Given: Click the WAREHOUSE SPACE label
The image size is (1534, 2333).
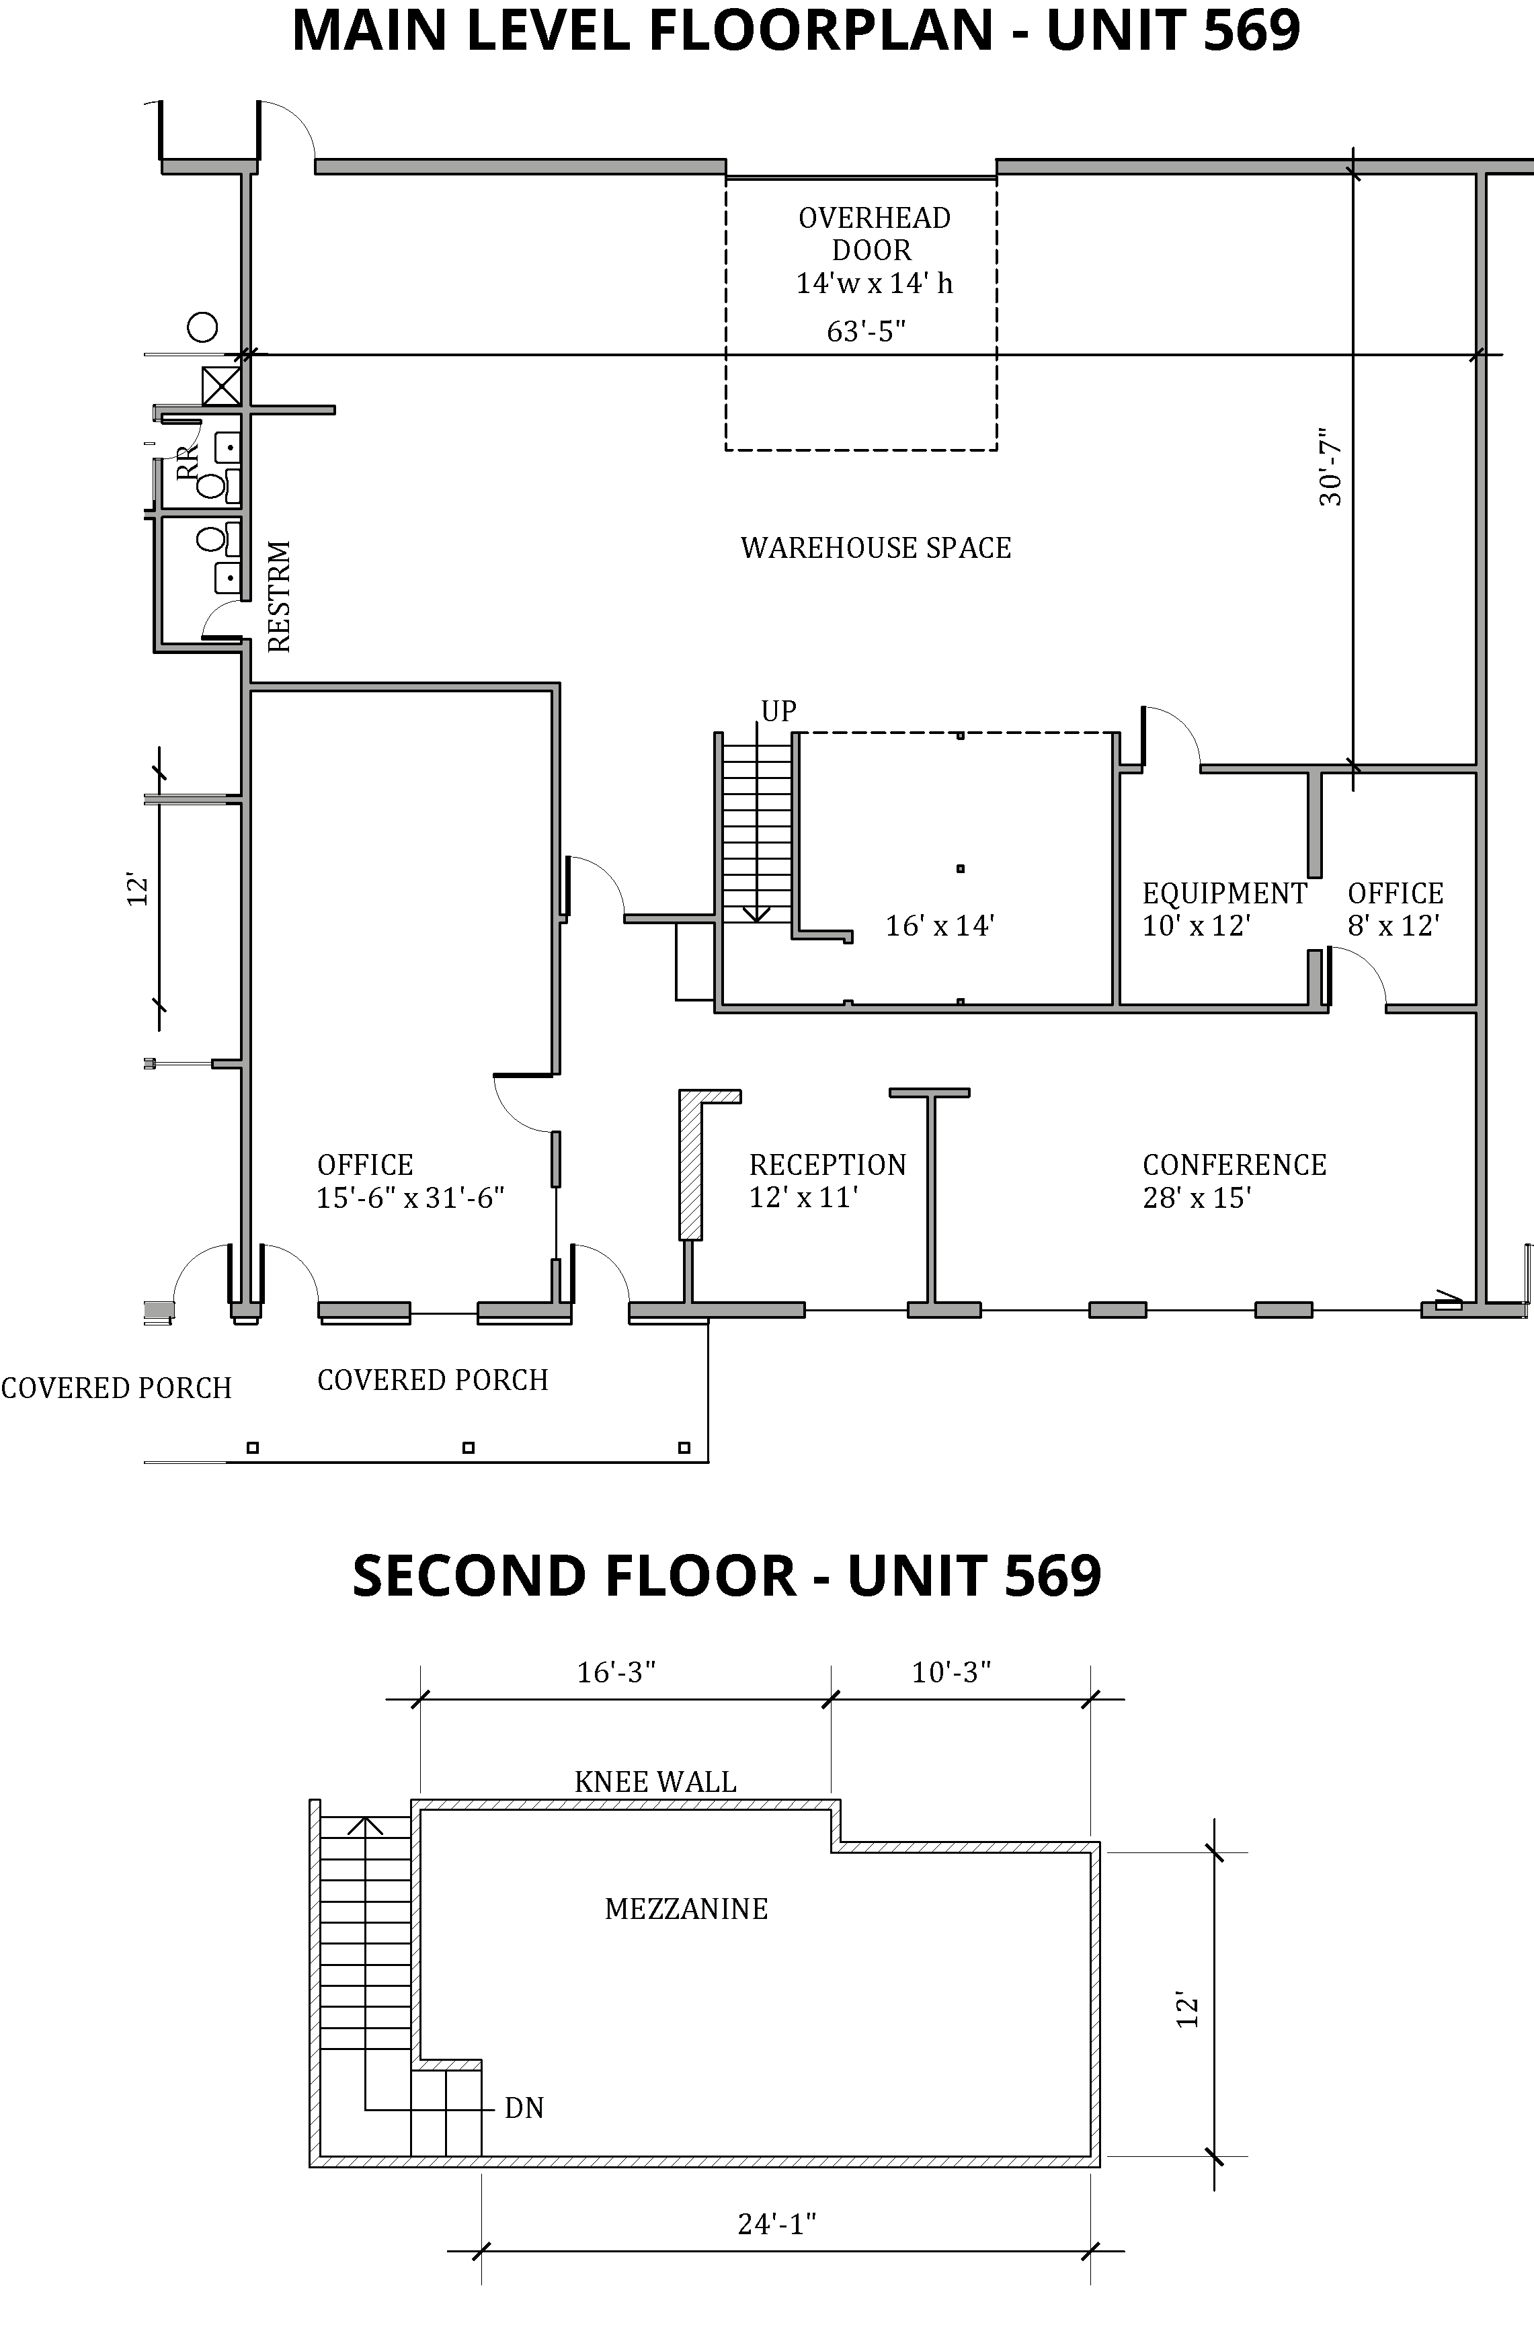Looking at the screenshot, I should (875, 548).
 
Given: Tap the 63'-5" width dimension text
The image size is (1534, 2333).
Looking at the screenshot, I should (866, 332).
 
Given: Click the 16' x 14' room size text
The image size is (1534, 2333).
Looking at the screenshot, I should (940, 926).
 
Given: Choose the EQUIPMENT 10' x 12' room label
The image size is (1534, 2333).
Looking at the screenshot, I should (1224, 909).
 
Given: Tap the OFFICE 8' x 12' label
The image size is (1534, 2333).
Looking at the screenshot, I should (1395, 909).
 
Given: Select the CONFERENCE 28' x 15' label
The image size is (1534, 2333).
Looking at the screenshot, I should (1234, 1181).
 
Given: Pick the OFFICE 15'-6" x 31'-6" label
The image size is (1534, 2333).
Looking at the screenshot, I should (410, 1181).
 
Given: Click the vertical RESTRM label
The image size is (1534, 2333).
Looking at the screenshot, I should (280, 596).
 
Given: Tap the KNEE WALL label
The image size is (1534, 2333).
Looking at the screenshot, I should (655, 1781).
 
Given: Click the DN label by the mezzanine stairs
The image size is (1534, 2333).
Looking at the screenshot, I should (524, 2108).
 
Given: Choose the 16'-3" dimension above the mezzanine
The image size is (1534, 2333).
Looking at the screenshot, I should (616, 1672).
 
